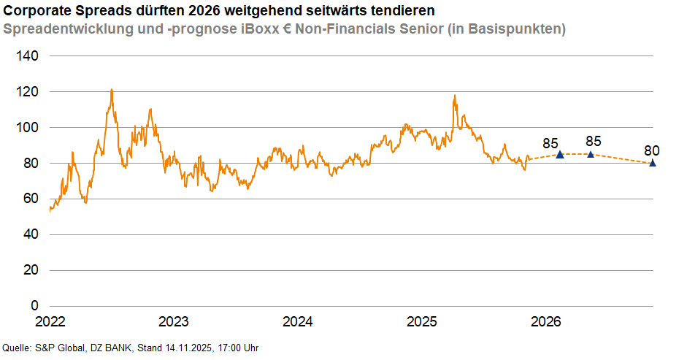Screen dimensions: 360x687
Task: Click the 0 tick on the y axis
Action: [34, 306]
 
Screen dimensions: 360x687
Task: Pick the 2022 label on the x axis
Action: [50, 322]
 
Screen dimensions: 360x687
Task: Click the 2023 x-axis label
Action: [173, 322]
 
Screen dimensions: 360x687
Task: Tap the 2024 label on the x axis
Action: [297, 322]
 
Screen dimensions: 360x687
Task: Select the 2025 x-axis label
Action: [421, 322]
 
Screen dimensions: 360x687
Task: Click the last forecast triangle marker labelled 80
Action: [652, 163]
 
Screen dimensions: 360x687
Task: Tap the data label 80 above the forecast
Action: [652, 151]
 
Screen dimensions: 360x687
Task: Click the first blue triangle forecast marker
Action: [560, 154]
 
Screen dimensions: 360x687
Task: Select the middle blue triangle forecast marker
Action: [591, 154]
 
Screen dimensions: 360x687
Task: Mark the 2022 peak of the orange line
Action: [111, 90]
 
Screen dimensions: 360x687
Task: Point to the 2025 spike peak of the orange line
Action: [455, 96]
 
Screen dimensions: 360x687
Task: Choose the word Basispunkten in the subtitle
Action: [518, 30]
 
